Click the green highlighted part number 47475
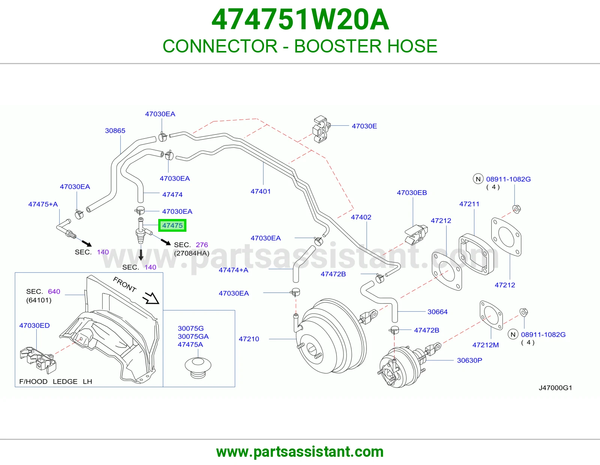(172, 225)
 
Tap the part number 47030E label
(364, 126)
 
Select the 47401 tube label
(260, 191)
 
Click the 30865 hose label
(115, 130)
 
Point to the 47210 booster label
(249, 339)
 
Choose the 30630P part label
(469, 360)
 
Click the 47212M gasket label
(485, 345)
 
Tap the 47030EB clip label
(412, 192)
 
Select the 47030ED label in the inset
(34, 325)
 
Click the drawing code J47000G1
(555, 388)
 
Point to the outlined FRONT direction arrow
(151, 298)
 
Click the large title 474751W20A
(300, 19)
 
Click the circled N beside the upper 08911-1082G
(478, 179)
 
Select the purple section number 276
(202, 244)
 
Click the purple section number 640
(54, 291)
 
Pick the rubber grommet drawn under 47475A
(198, 367)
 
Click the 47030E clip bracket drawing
(321, 129)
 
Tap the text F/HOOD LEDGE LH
(55, 381)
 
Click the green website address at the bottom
(300, 452)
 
